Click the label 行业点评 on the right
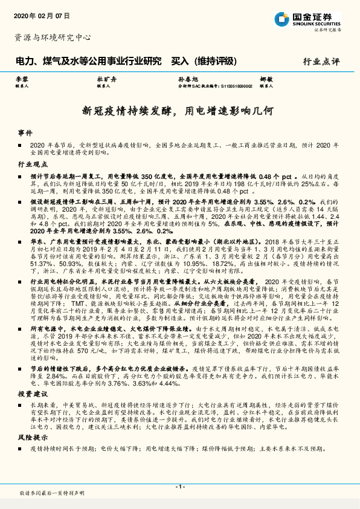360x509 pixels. (x=321, y=61)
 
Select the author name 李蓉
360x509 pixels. (x=22, y=80)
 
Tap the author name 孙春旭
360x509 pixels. (x=185, y=80)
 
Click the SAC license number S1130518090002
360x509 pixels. (x=233, y=86)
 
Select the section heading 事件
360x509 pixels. (x=25, y=132)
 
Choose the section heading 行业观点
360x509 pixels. (x=32, y=164)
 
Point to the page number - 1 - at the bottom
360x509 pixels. (x=179, y=487)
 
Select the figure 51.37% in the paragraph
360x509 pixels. (x=39, y=265)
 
